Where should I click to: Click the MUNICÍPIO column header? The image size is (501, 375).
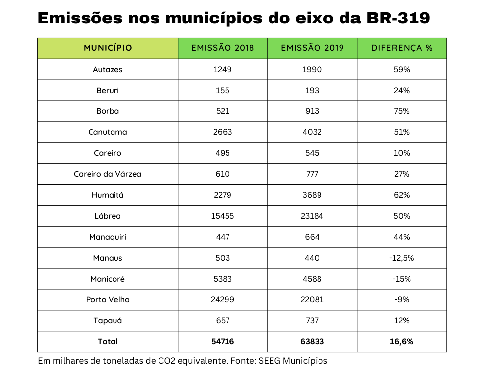click(x=108, y=48)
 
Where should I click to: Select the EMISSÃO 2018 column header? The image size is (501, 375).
click(x=223, y=48)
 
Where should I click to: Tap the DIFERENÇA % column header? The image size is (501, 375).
click(x=402, y=48)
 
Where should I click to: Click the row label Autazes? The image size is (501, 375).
click(x=108, y=69)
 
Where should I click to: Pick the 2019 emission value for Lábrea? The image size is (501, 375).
click(x=312, y=216)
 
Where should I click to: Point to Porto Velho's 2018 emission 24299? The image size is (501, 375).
click(x=223, y=299)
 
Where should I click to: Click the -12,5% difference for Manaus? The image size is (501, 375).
click(x=402, y=258)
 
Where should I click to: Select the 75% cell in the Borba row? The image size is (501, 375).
click(x=402, y=111)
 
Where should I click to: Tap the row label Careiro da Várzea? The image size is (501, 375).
click(x=108, y=174)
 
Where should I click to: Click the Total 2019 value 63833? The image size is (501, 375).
click(x=312, y=341)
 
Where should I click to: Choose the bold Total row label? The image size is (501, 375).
click(x=108, y=341)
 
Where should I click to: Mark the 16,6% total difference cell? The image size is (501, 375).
click(x=402, y=341)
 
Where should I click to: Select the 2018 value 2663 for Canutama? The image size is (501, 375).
click(x=223, y=132)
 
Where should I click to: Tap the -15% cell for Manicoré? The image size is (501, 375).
click(x=402, y=279)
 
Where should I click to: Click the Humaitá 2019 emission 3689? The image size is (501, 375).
click(x=312, y=195)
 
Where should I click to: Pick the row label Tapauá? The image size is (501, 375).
click(x=108, y=320)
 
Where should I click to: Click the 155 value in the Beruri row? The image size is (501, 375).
click(x=223, y=90)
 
